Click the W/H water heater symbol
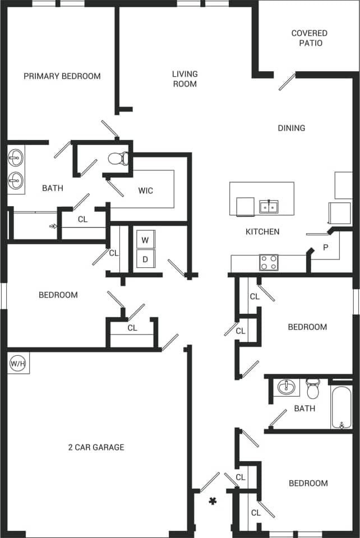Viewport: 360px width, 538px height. [18, 364]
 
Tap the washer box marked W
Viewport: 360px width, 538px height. [145, 240]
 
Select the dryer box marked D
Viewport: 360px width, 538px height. [145, 259]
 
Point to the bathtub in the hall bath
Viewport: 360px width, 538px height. [341, 406]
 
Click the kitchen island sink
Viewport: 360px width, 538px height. [269, 206]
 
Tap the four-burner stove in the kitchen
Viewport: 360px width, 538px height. [269, 262]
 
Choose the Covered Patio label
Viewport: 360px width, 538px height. [309, 38]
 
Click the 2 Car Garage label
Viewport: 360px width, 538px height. [96, 447]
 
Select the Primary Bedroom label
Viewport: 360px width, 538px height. [62, 76]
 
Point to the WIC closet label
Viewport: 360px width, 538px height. [146, 191]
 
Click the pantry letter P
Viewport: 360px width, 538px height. [326, 247]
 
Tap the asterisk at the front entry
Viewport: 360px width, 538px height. [213, 501]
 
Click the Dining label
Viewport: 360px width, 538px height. [292, 128]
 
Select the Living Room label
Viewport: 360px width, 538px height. [184, 79]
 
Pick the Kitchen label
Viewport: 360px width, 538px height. [262, 231]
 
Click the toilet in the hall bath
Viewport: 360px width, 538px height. [313, 388]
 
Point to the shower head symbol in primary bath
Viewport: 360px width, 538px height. [53, 226]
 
